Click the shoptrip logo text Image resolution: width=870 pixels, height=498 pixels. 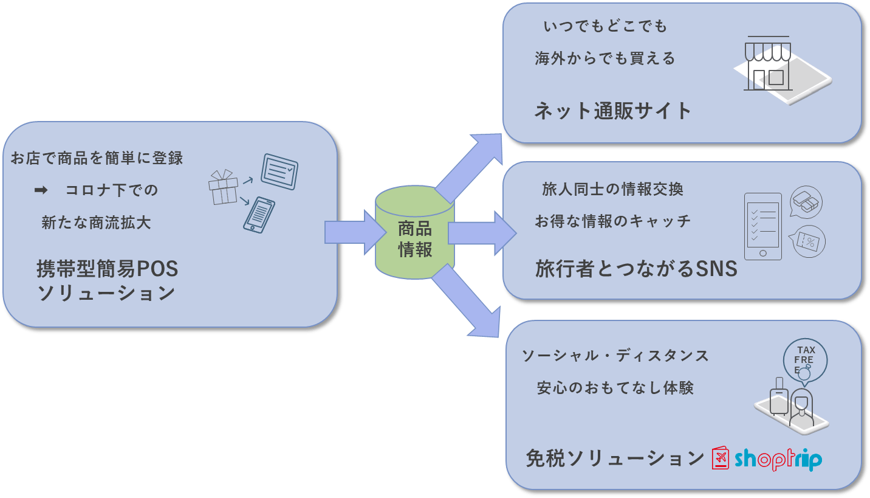pyautogui.click(x=778, y=459)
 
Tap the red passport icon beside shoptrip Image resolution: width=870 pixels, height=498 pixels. pyautogui.click(x=720, y=458)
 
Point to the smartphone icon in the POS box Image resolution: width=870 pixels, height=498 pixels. pyautogui.click(x=258, y=215)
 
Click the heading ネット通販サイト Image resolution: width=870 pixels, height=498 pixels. pyautogui.click(x=613, y=111)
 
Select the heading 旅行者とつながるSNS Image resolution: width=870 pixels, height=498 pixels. pyautogui.click(x=636, y=268)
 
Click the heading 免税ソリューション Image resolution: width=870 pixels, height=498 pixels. pyautogui.click(x=614, y=458)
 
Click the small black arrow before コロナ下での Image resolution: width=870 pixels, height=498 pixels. pyautogui.click(x=41, y=190)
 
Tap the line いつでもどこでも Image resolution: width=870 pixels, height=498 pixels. pyautogui.click(x=605, y=27)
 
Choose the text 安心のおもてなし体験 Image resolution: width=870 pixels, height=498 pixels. pyautogui.click(x=615, y=388)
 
